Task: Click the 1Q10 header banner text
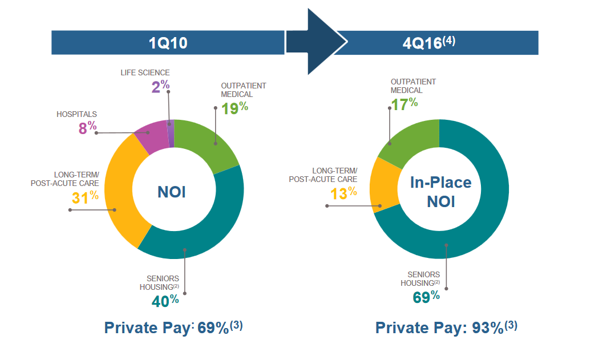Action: pyautogui.click(x=168, y=43)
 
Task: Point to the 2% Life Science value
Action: pyautogui.click(x=160, y=87)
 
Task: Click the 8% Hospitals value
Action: pyautogui.click(x=87, y=127)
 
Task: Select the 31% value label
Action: pyautogui.click(x=85, y=197)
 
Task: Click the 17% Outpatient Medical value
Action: pyautogui.click(x=404, y=103)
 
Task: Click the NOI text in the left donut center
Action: pyautogui.click(x=172, y=192)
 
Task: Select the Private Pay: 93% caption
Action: pyautogui.click(x=446, y=327)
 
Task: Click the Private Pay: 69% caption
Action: pyautogui.click(x=173, y=327)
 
